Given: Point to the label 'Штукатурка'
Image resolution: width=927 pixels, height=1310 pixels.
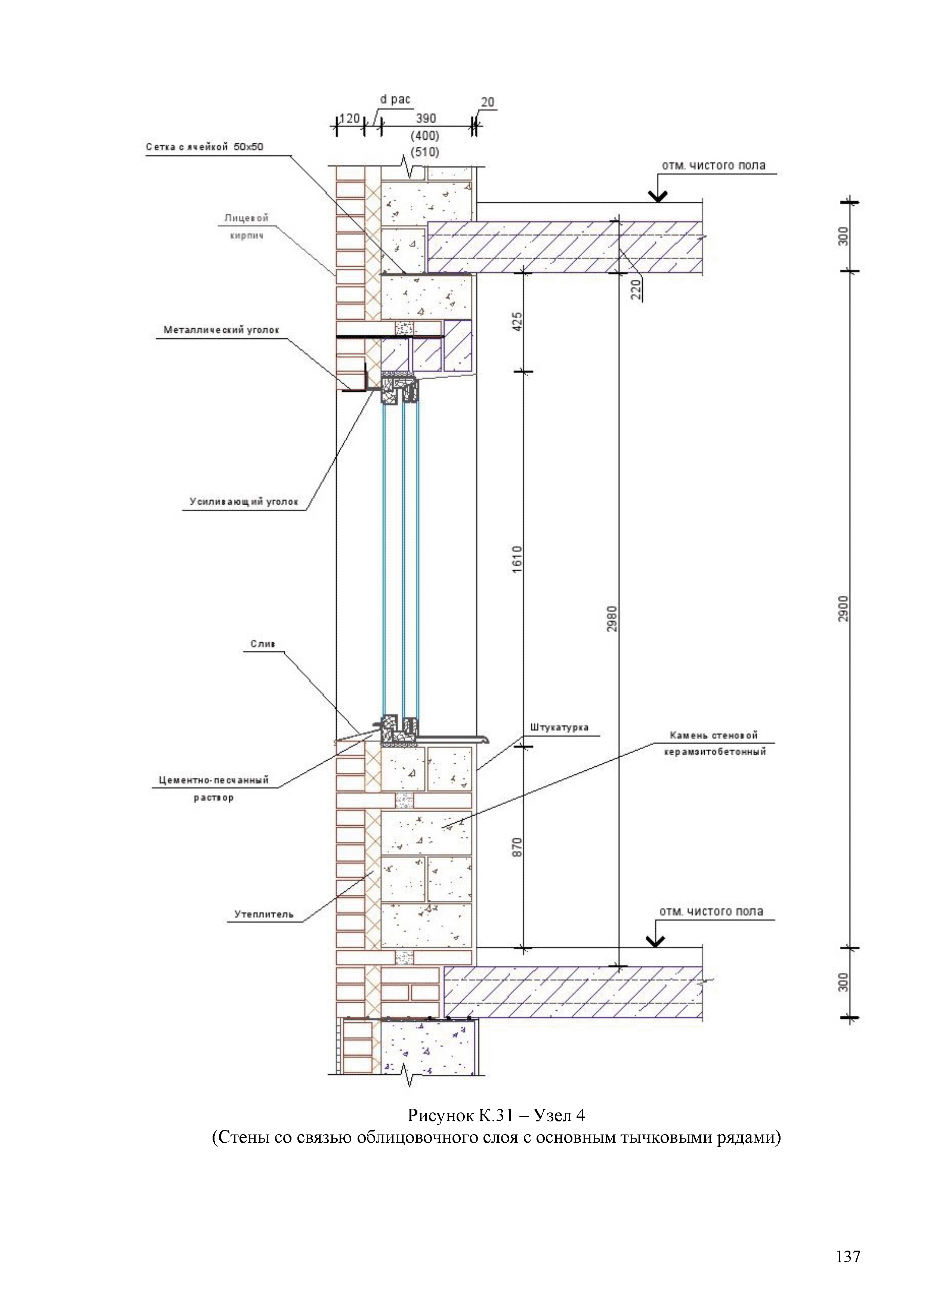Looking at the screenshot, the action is [x=559, y=727].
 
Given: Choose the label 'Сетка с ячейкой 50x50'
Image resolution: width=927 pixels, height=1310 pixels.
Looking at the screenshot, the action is [x=204, y=147].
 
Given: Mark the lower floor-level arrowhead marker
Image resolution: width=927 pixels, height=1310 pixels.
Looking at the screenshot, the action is [x=655, y=942].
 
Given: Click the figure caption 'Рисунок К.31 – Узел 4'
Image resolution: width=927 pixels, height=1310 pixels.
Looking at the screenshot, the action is [x=496, y=1115].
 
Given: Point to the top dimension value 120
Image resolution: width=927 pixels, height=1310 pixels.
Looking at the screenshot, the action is [x=350, y=119].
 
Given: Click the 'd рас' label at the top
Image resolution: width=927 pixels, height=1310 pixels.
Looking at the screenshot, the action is [x=395, y=99].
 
